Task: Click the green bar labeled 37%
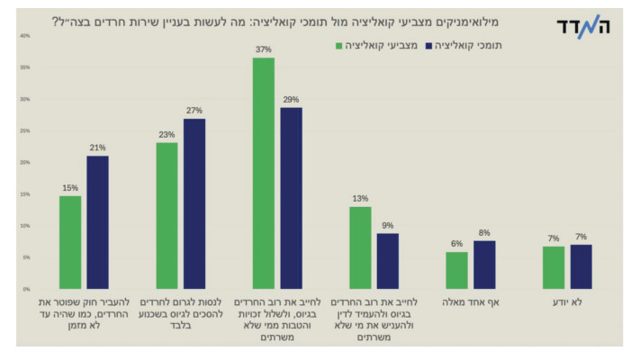[264, 173]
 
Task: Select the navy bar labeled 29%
[291, 198]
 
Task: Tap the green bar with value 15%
[70, 242]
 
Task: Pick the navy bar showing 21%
[97, 222]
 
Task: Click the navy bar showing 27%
[194, 203]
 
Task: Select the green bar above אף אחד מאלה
[456, 270]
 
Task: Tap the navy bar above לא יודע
[581, 266]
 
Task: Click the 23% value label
[167, 135]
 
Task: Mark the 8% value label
[484, 233]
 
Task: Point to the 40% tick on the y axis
[25, 36]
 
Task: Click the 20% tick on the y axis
[25, 162]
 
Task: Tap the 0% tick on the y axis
[26, 289]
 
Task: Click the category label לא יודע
[567, 303]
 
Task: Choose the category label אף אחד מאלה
[470, 303]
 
